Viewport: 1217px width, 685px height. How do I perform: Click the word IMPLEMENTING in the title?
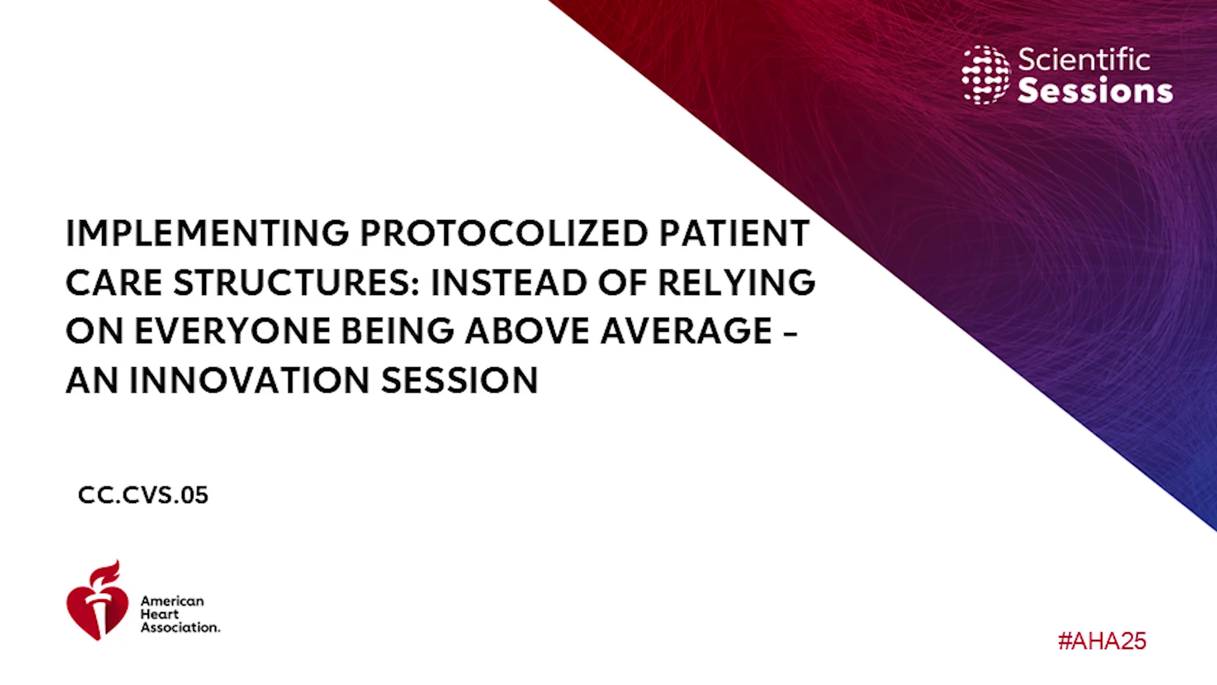tap(207, 233)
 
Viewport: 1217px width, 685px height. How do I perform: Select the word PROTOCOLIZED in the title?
tap(504, 233)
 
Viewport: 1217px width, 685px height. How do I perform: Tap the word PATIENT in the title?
tap(734, 233)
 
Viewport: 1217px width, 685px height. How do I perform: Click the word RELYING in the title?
tap(737, 282)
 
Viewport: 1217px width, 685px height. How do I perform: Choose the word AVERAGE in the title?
tap(686, 331)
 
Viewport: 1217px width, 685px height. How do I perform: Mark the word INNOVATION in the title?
tap(249, 381)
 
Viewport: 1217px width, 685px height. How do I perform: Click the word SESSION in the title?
tap(460, 381)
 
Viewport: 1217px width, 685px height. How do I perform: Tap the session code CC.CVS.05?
tap(143, 495)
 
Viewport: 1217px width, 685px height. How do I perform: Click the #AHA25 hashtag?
tap(1102, 641)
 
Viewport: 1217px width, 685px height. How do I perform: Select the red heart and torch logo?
tap(97, 601)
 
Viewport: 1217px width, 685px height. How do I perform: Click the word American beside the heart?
tap(172, 601)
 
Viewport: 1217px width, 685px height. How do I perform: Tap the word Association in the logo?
tap(180, 627)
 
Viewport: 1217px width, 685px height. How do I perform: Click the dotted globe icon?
tap(986, 75)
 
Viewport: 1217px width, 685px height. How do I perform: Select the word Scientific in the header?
tap(1084, 60)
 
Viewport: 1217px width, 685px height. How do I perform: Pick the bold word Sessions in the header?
tap(1095, 90)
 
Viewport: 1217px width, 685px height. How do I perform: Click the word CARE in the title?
tap(114, 282)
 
